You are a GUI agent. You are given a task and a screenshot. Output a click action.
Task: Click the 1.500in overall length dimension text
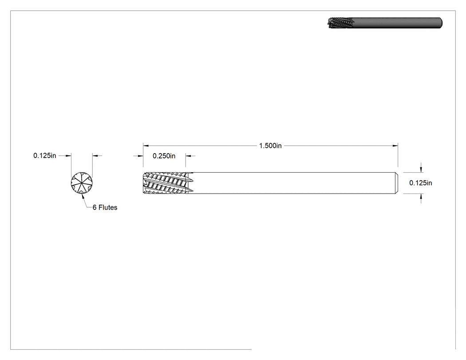click(270, 146)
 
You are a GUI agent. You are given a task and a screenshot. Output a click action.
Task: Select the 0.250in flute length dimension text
click(164, 156)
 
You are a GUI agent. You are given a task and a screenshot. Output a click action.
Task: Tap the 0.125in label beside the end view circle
click(44, 155)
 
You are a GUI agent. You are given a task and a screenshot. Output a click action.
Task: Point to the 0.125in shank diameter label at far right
click(421, 183)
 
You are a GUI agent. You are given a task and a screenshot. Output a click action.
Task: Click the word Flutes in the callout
click(108, 207)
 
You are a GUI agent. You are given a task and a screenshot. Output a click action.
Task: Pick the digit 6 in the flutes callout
click(95, 207)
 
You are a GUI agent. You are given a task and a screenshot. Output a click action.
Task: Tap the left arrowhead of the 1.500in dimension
click(146, 146)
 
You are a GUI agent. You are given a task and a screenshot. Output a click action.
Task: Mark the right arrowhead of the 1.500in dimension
click(395, 146)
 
